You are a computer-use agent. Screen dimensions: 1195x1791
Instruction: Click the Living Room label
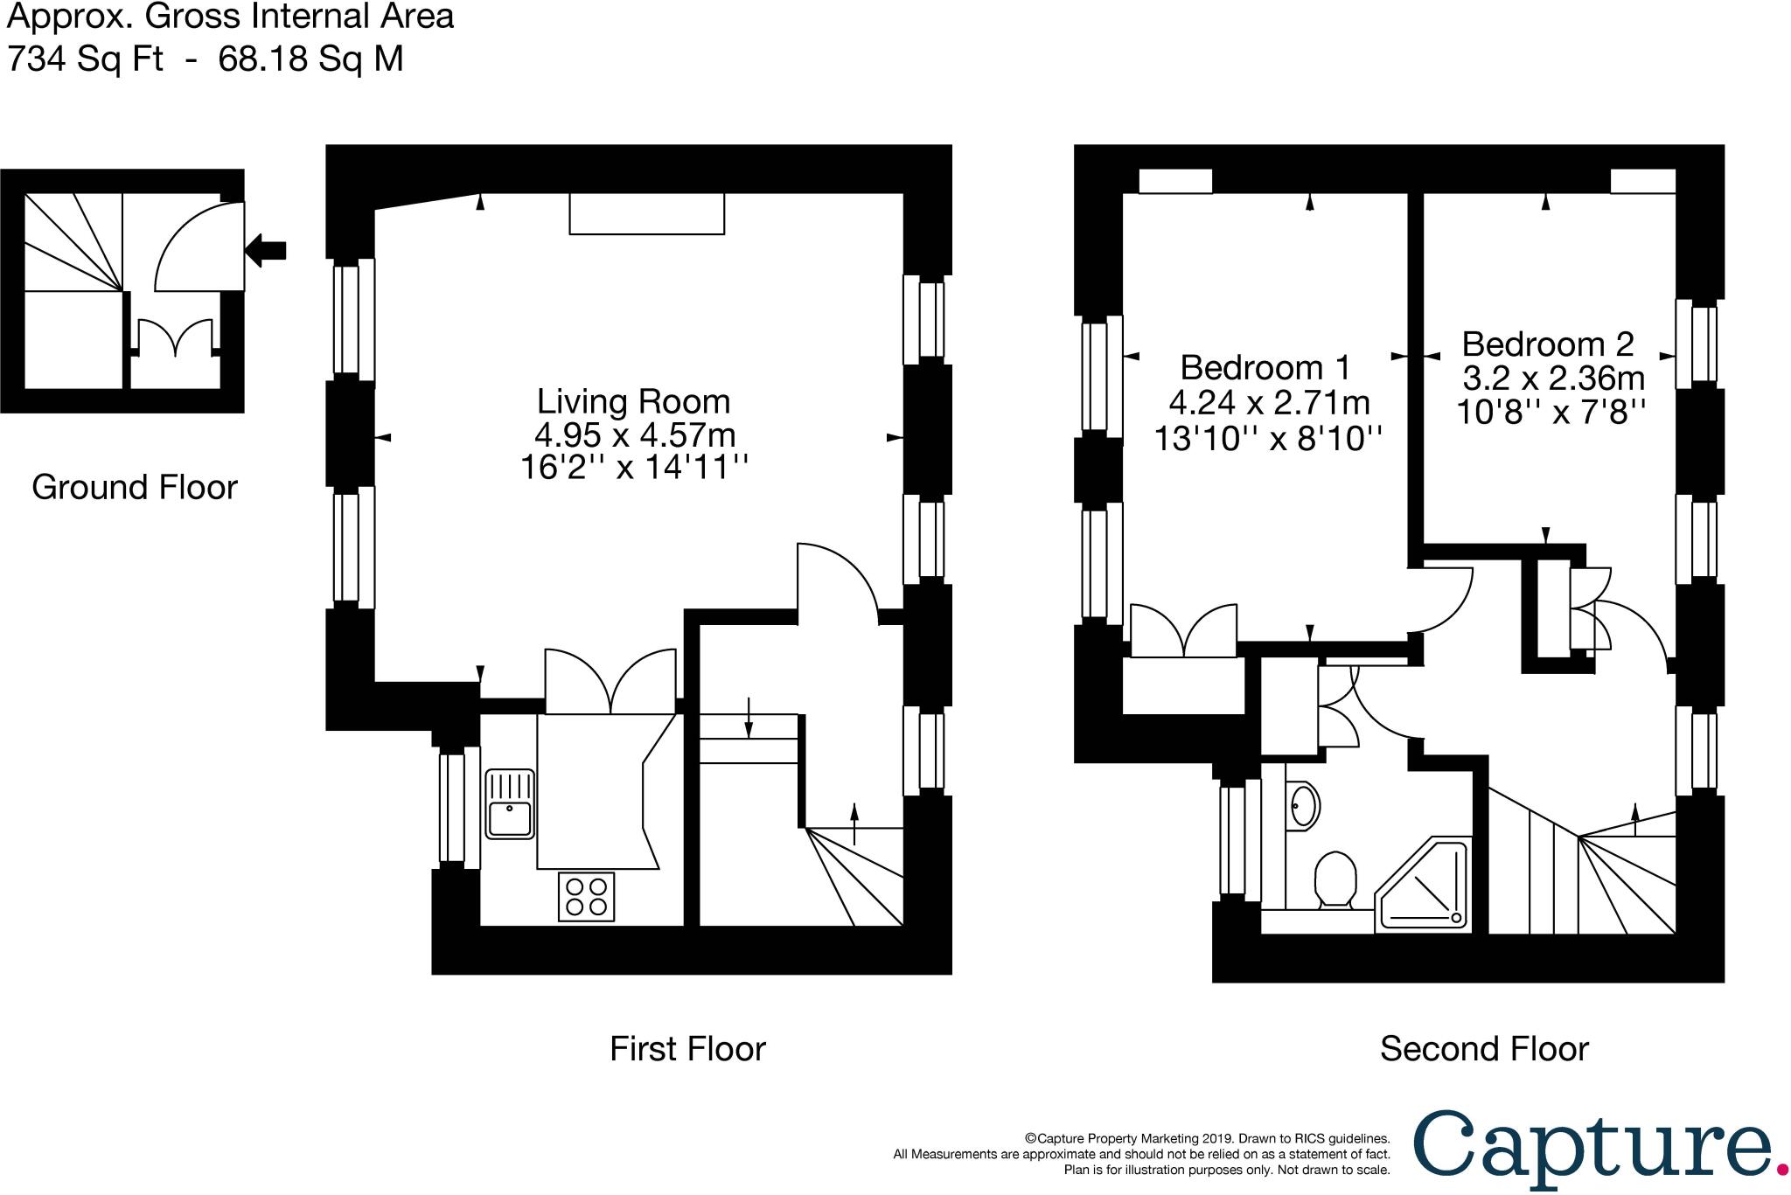coord(633,401)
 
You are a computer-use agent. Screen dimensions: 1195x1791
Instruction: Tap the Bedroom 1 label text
coord(1265,367)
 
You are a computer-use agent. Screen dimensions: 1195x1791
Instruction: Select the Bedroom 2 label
coord(1548,344)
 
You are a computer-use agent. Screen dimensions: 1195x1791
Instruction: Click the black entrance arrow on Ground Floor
coord(266,250)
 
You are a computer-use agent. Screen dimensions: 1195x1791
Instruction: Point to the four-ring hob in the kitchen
coord(586,896)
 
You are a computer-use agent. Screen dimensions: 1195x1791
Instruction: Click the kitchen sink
coord(510,804)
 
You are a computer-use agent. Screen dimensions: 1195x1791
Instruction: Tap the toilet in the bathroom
coord(1335,879)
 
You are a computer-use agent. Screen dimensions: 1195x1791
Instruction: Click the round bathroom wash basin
coord(1303,804)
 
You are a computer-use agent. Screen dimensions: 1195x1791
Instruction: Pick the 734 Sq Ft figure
coord(85,59)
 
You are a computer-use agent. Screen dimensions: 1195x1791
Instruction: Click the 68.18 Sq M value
coord(310,59)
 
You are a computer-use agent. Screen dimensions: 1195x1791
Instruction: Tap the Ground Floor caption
coord(135,487)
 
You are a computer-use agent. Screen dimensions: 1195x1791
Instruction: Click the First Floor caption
coord(687,1048)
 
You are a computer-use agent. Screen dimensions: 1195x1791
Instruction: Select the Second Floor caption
coord(1483,1048)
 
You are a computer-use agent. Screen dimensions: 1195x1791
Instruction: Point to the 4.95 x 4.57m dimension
coord(634,434)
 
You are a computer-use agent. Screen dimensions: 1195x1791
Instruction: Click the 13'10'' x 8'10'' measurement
coord(1268,437)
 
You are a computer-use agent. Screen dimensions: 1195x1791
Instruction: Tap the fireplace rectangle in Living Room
coord(646,213)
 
